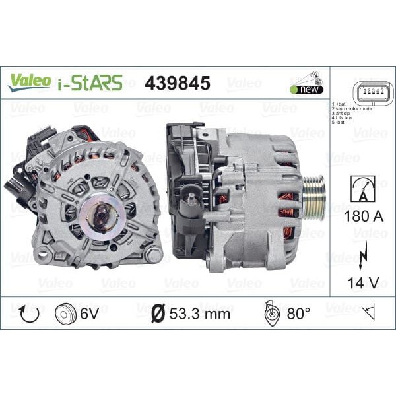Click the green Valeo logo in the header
tap(29, 81)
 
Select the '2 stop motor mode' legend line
tap(352, 109)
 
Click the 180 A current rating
tap(360, 216)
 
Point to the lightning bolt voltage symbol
tap(360, 257)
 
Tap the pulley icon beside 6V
tap(67, 313)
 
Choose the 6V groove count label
tap(90, 313)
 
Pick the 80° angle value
tap(297, 313)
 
